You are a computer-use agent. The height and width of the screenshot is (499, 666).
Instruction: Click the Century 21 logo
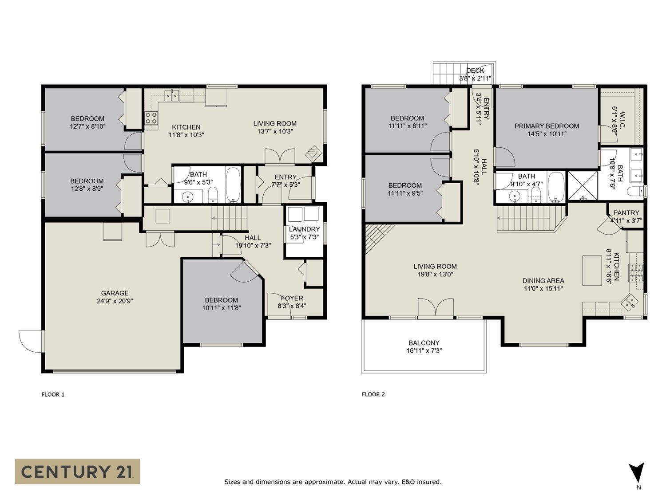[77, 471]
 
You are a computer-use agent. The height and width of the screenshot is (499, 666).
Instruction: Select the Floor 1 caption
[53, 394]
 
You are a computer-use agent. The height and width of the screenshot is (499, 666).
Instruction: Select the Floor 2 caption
[373, 394]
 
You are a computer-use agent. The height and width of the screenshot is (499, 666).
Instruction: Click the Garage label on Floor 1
[115, 297]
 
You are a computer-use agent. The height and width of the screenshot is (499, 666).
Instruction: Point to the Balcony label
[424, 346]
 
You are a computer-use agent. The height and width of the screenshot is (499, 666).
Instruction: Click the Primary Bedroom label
[547, 130]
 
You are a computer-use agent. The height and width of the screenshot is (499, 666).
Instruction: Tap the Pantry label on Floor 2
[626, 216]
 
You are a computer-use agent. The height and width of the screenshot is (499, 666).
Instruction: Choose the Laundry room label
[304, 233]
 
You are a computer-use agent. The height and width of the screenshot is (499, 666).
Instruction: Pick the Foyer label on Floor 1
[292, 302]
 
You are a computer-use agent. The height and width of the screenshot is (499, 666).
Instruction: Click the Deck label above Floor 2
[475, 74]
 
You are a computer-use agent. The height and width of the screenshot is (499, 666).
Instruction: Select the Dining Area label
[543, 284]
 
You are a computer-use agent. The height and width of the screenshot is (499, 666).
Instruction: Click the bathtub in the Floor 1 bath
[233, 184]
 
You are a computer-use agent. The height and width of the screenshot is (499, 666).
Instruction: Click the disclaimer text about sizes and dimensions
[333, 482]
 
